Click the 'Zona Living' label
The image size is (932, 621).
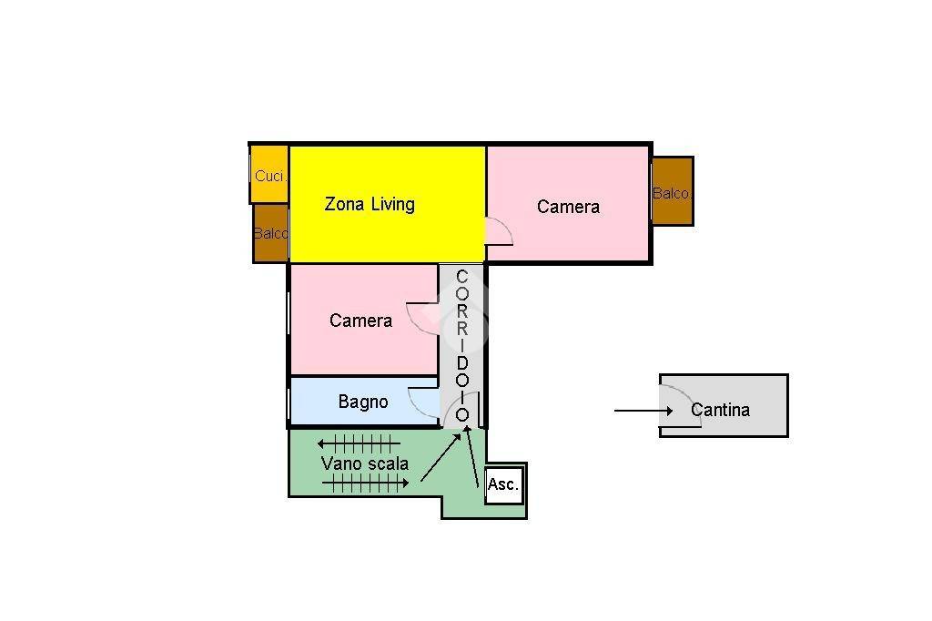click(370, 204)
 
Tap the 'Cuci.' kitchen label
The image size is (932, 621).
click(270, 176)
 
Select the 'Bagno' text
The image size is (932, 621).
click(363, 402)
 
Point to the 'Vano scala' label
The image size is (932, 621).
click(365, 463)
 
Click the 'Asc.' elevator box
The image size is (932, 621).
click(503, 484)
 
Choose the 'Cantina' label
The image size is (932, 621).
click(721, 410)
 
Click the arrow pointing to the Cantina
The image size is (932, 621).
click(643, 411)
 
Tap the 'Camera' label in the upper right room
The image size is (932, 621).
click(568, 207)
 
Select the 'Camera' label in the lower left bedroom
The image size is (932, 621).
click(360, 321)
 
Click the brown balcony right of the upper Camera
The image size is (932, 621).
click(673, 191)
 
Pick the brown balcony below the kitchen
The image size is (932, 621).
click(271, 232)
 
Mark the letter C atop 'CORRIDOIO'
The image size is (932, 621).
click(461, 277)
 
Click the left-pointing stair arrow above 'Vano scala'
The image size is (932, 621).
click(359, 443)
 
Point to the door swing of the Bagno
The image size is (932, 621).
click(423, 402)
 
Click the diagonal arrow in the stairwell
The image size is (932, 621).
click(441, 457)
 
